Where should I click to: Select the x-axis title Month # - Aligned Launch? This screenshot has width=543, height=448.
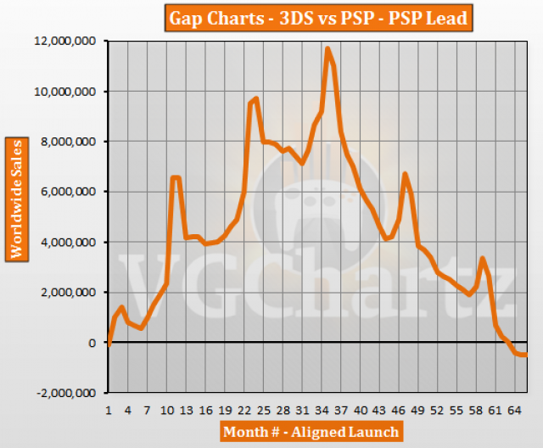(311, 432)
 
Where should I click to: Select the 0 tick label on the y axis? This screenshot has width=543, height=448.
(94, 344)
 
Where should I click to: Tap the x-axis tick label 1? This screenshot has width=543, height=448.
(109, 409)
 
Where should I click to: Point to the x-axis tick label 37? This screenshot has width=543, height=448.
(340, 409)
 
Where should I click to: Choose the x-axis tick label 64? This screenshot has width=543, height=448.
(514, 409)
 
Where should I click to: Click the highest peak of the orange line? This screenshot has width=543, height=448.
(327, 49)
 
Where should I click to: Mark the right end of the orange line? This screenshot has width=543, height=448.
(526, 355)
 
